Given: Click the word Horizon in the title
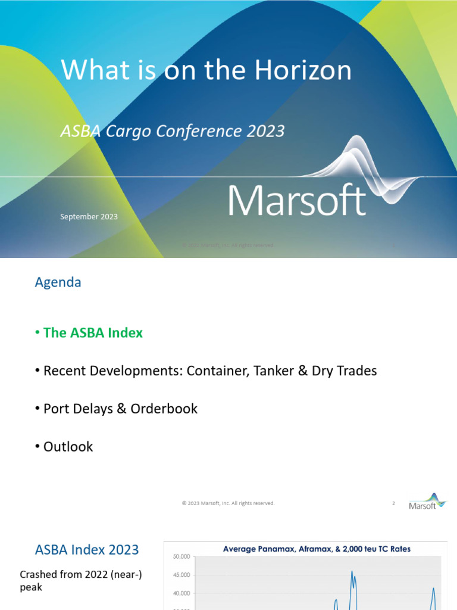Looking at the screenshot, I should coord(303,71).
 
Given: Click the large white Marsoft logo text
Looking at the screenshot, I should coord(297,201).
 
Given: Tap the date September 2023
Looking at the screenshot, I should coord(89,217).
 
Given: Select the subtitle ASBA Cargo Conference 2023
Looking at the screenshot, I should coord(173,131).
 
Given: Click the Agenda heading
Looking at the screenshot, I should coord(58,282).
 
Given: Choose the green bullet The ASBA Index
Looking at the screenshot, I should coord(93,333).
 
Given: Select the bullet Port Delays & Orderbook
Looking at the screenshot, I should coord(120,409).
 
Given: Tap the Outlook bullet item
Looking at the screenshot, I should coord(68,446).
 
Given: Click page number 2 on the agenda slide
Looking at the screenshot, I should coord(393,503).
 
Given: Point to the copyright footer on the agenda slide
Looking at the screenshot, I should coord(228,503).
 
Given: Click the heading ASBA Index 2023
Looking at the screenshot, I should coord(87,549).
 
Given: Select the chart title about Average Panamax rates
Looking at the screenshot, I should coord(317,549).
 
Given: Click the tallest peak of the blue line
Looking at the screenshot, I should coord(352,572).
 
